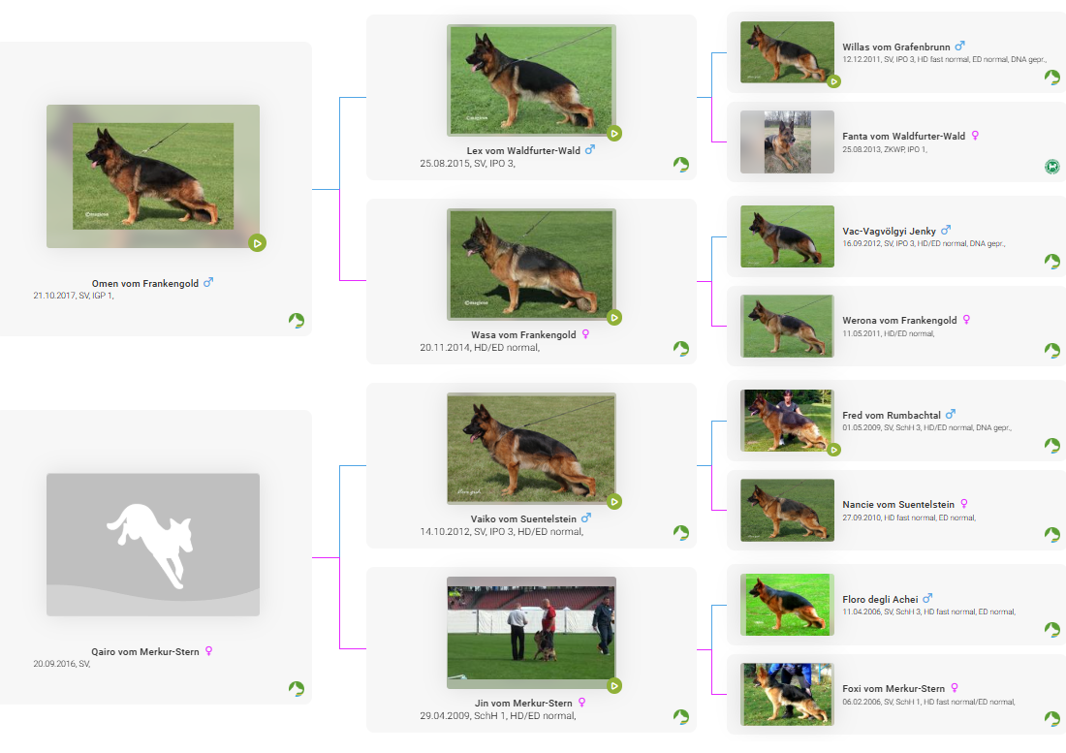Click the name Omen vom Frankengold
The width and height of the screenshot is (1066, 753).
click(x=144, y=283)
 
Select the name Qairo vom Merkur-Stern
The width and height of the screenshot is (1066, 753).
click(x=144, y=652)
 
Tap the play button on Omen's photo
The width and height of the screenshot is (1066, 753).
click(x=257, y=243)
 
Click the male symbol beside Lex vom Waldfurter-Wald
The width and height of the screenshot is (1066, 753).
click(x=589, y=149)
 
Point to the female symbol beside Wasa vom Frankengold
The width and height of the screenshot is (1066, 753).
click(x=585, y=333)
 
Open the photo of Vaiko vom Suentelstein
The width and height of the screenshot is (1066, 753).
click(x=531, y=449)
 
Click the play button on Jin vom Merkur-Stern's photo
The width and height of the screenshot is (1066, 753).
click(x=613, y=686)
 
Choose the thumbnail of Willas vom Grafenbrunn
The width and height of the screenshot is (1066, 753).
click(x=787, y=52)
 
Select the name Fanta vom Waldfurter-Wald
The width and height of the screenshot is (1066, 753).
click(x=903, y=137)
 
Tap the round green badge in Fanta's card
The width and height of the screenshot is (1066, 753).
click(x=1051, y=166)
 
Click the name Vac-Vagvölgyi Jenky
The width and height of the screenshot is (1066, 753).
click(x=889, y=231)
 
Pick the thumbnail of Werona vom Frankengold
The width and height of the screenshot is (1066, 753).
click(x=787, y=327)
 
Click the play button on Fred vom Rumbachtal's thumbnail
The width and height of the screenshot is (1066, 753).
click(x=833, y=450)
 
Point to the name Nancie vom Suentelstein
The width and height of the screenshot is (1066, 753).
click(x=898, y=505)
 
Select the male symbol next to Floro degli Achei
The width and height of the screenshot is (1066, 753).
click(x=927, y=598)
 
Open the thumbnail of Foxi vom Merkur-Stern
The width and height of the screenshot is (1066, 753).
click(x=787, y=695)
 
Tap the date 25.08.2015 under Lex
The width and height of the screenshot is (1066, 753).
click(x=445, y=164)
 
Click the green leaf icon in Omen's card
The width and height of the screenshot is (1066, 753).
click(x=296, y=320)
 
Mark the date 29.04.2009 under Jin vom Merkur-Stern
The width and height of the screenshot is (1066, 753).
click(x=445, y=716)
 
